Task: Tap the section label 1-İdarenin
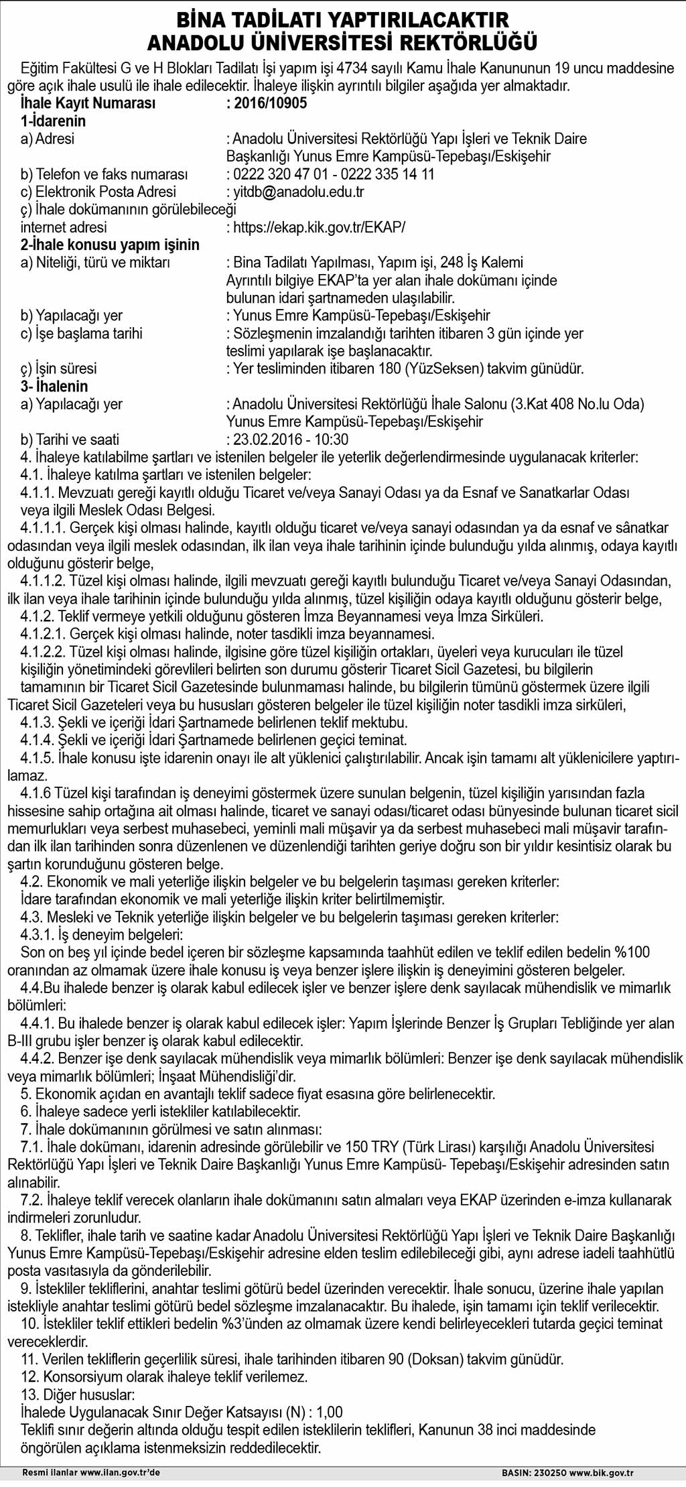point(54,121)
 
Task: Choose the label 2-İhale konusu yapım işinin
point(110,245)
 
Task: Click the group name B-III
point(23,1041)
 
